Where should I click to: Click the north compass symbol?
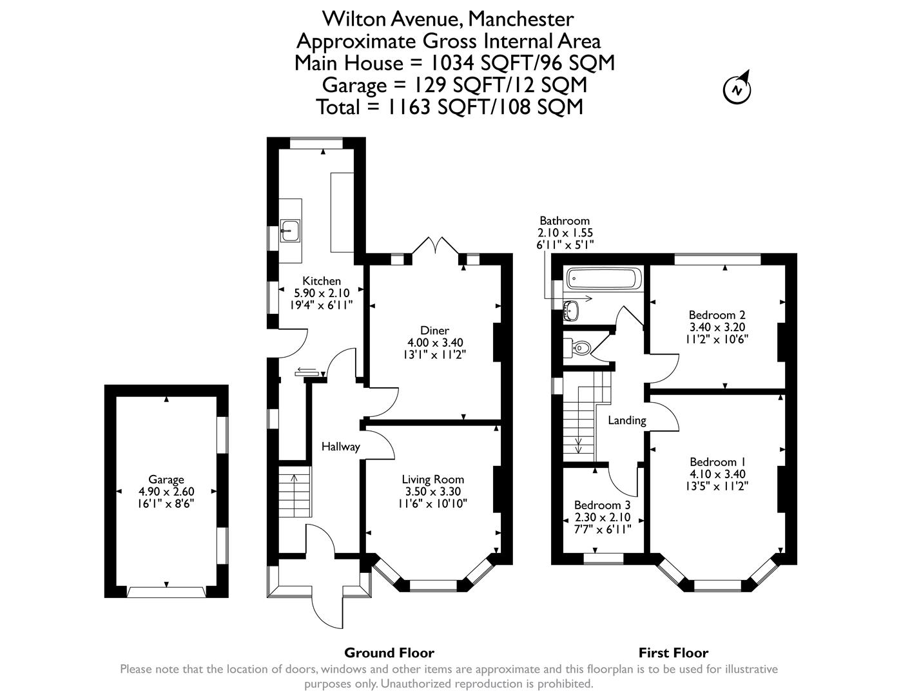[x=737, y=89]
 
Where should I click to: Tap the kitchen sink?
[x=290, y=229]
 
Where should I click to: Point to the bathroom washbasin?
[x=570, y=310]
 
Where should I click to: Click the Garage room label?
[x=166, y=479]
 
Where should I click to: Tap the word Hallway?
[x=340, y=447]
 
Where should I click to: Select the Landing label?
[x=627, y=420]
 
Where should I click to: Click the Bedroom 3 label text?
[x=602, y=505]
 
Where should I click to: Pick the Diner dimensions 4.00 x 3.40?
[x=435, y=342]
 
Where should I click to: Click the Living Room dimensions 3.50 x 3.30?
[x=432, y=491]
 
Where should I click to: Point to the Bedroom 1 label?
[x=717, y=461]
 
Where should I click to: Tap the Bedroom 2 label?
[x=717, y=314]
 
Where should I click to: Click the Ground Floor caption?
[x=389, y=653]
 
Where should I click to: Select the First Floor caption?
[x=673, y=653]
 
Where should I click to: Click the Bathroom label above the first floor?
[x=565, y=220]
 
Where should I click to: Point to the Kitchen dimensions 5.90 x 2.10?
[x=322, y=293]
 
